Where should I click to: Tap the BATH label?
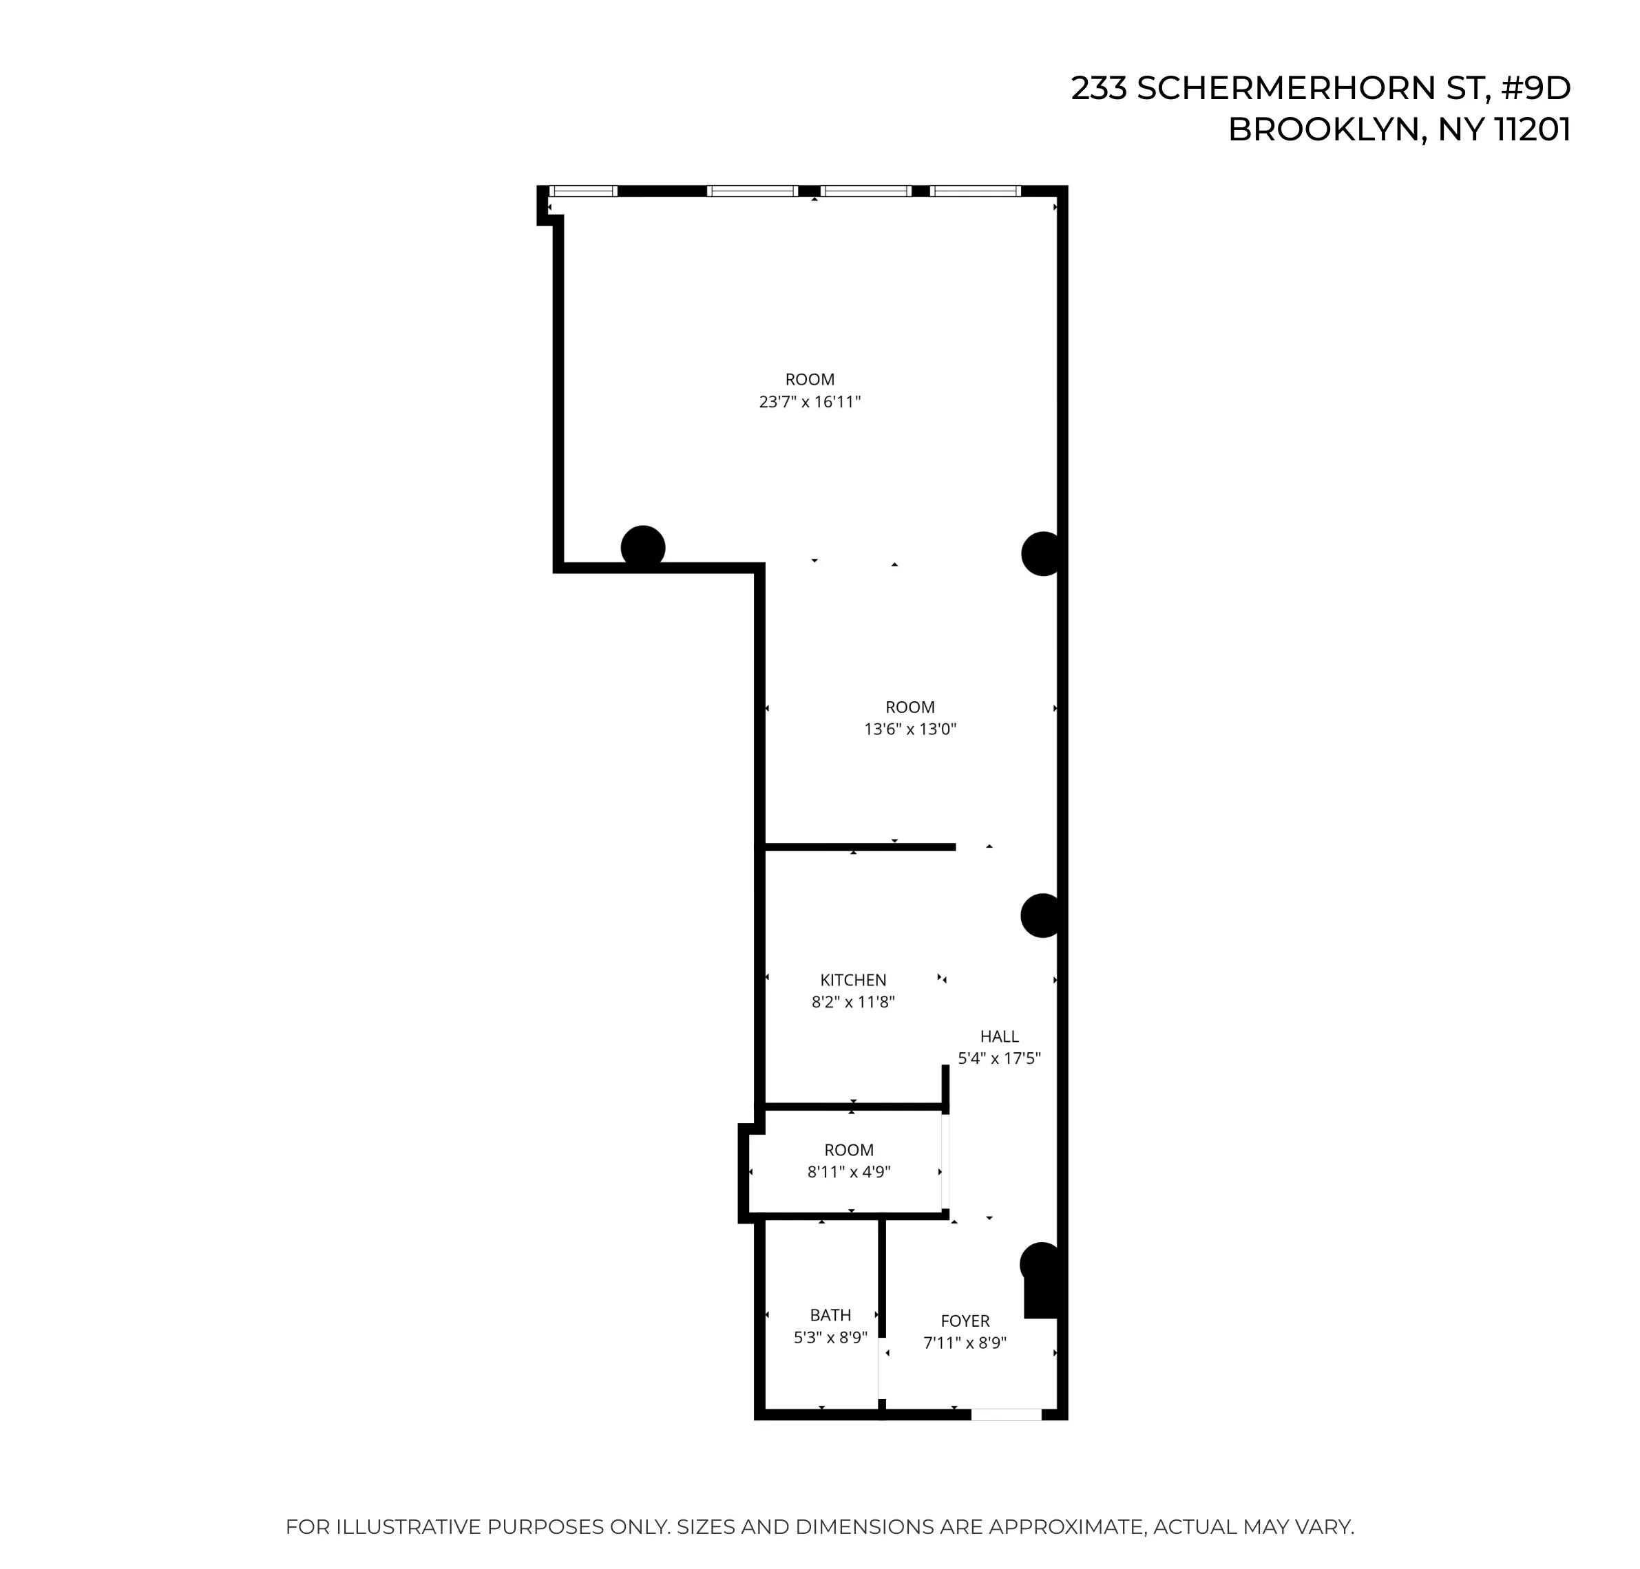[830, 1315]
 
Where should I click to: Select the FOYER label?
[965, 1321]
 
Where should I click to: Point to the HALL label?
[999, 1036]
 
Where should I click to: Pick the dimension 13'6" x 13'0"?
[910, 729]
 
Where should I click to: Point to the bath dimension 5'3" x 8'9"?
[830, 1337]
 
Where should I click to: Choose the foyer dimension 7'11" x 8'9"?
[965, 1343]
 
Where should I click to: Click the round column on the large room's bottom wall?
[642, 548]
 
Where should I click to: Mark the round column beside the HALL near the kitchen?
[1042, 915]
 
